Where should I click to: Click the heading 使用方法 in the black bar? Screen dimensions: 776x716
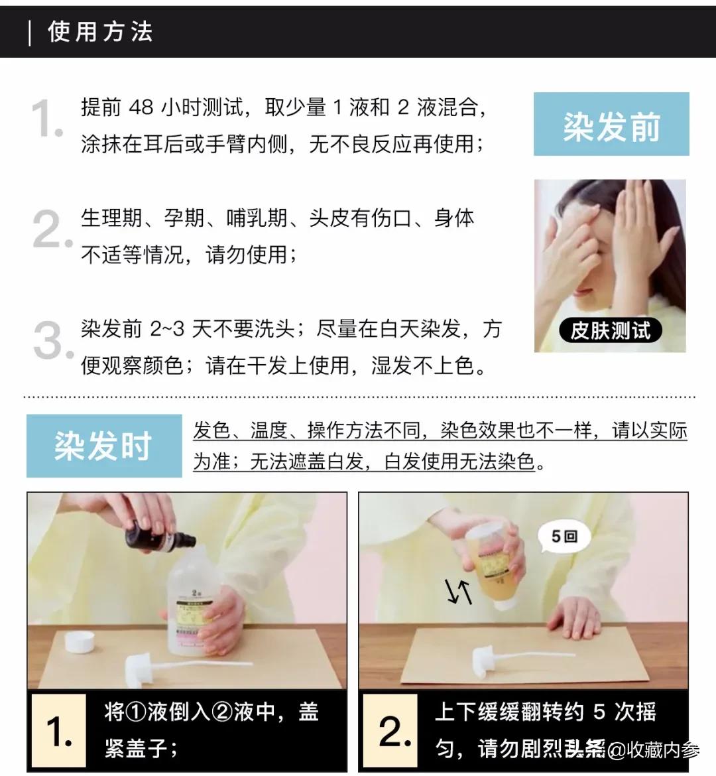pyautogui.click(x=100, y=32)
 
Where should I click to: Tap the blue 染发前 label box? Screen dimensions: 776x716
pyautogui.click(x=611, y=125)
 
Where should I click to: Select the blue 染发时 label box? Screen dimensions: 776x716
pyautogui.click(x=104, y=446)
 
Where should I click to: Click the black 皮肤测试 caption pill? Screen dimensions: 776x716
pyautogui.click(x=610, y=330)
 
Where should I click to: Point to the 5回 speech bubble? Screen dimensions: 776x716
pyautogui.click(x=564, y=536)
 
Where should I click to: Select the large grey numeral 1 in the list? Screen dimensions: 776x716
pyautogui.click(x=46, y=119)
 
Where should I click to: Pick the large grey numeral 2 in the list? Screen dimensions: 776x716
pyautogui.click(x=50, y=230)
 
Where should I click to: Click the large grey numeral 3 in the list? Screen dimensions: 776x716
pyautogui.click(x=50, y=341)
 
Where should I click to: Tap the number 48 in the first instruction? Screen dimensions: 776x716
pyautogui.click(x=141, y=107)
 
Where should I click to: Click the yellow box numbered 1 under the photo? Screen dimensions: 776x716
pyautogui.click(x=58, y=731)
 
